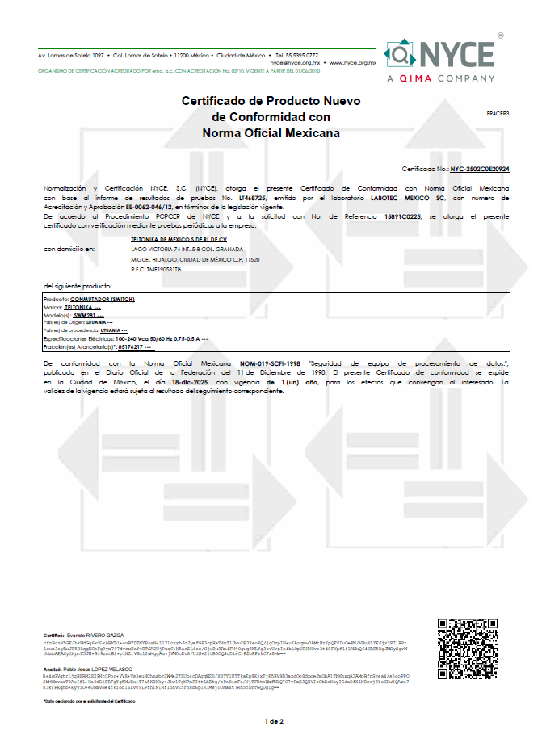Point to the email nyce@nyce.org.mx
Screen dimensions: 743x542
click(296, 62)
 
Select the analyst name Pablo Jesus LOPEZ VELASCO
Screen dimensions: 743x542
click(99, 670)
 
